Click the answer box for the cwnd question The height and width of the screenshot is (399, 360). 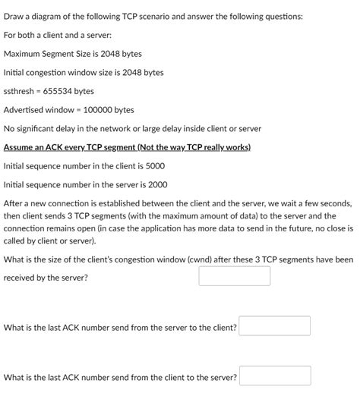tap(234, 275)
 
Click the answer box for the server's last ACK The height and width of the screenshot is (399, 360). tap(274, 326)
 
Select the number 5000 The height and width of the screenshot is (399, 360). tap(153, 165)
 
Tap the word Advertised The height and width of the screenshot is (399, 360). tap(27, 110)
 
